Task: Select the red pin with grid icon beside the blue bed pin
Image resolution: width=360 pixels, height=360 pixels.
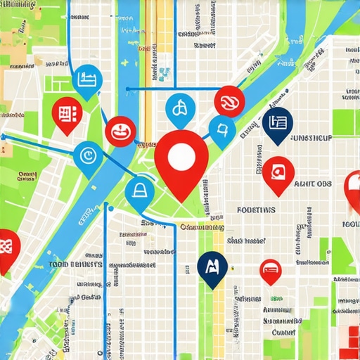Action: [x=67, y=114]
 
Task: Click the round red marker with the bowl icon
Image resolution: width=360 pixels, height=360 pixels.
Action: [x=120, y=131]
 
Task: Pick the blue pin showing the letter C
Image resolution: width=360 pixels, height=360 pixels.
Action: [x=88, y=154]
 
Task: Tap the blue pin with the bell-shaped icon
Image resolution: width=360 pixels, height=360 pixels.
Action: [x=139, y=189]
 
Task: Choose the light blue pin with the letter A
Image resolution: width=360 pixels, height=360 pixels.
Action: [x=180, y=109]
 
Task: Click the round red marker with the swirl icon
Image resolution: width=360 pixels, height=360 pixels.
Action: [x=229, y=101]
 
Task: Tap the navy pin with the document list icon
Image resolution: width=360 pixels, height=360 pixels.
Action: [x=277, y=124]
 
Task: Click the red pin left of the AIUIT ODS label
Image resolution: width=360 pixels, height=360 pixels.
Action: [x=278, y=172]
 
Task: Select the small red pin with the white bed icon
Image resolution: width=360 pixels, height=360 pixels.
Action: [x=271, y=269]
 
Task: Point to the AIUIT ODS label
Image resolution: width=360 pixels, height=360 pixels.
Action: [x=313, y=184]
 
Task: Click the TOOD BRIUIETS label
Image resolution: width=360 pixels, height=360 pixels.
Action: [x=75, y=265]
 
